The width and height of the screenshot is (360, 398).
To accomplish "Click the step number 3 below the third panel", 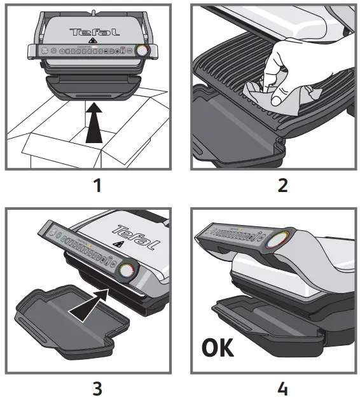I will coord(96,386).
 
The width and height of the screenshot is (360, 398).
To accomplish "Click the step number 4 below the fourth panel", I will coord(282,386).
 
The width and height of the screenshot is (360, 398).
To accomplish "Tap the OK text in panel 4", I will coord(218,348).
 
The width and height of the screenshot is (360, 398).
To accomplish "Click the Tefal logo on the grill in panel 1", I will coord(93,31).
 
